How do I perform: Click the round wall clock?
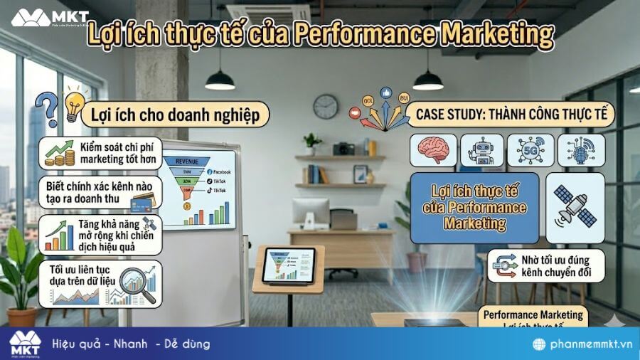(x=326, y=107)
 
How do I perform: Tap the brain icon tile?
(x=432, y=150)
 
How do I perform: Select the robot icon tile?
(x=481, y=150)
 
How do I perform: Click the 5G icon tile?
(x=530, y=150)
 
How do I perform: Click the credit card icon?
(x=144, y=203)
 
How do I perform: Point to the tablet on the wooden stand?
(x=289, y=265)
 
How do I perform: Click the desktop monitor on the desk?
(x=311, y=211)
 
